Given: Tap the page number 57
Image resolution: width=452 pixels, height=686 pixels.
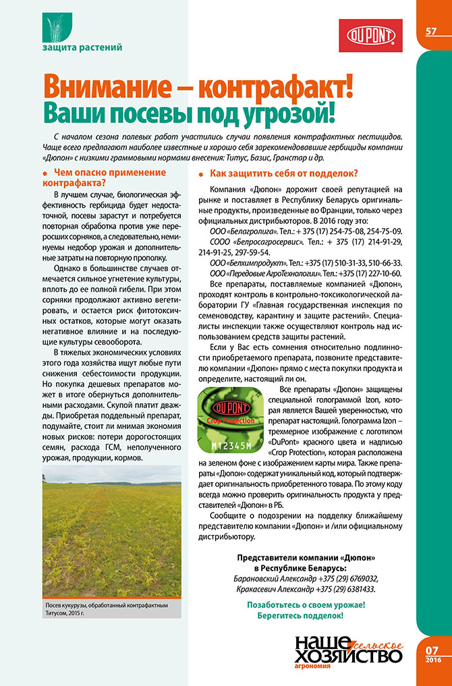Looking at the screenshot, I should tap(432, 32).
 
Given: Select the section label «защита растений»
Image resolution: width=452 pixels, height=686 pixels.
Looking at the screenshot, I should tap(82, 48).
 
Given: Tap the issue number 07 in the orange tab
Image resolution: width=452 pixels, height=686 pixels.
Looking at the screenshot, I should tap(432, 650).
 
